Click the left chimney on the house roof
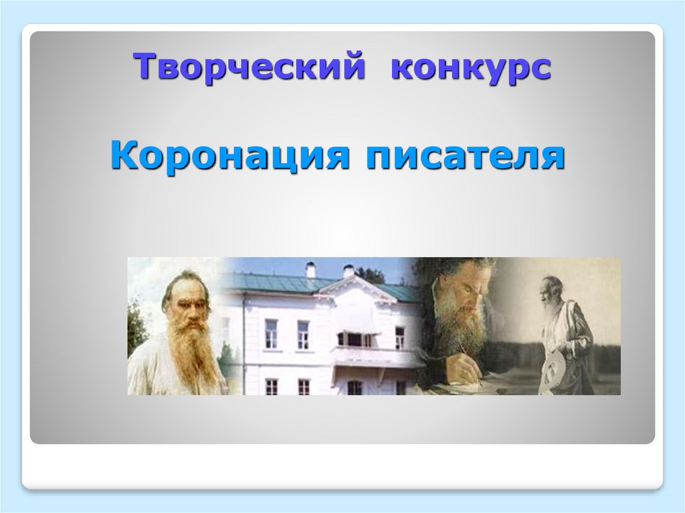(x=310, y=269)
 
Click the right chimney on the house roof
(x=348, y=271)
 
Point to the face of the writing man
(x=462, y=294)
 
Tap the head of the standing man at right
(x=553, y=287)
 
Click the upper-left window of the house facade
(x=270, y=332)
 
